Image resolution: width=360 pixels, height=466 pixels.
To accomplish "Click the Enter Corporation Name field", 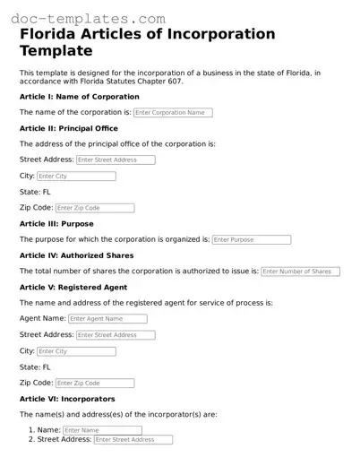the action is (173, 113).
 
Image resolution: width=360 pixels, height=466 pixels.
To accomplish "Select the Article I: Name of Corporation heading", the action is (80, 97).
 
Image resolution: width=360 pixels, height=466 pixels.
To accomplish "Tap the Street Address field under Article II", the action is (116, 160).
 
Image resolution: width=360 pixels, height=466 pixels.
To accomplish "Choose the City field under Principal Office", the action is (76, 177).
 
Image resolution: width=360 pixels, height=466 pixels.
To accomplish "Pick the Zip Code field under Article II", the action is (94, 208).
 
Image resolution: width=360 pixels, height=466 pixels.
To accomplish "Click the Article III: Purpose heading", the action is (56, 224).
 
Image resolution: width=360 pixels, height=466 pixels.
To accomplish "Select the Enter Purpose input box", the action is (252, 240).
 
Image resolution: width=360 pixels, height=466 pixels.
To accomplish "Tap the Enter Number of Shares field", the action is (300, 272).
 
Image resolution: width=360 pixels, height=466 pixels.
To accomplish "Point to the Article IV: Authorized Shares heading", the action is (76, 255).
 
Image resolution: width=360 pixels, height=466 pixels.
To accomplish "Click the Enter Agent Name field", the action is (107, 319).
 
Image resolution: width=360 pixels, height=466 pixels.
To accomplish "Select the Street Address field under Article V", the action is (116, 335).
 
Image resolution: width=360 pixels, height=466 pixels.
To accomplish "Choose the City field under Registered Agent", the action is (76, 351).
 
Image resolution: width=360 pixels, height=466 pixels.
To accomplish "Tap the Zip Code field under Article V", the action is (94, 383).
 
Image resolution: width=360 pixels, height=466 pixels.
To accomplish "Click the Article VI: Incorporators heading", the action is (67, 399).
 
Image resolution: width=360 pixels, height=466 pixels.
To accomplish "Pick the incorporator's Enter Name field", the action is (102, 430).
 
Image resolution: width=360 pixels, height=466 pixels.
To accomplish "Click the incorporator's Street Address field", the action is (133, 440).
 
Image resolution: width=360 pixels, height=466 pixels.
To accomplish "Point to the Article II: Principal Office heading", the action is (69, 129).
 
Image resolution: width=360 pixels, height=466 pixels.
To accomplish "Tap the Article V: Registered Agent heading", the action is (73, 288).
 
